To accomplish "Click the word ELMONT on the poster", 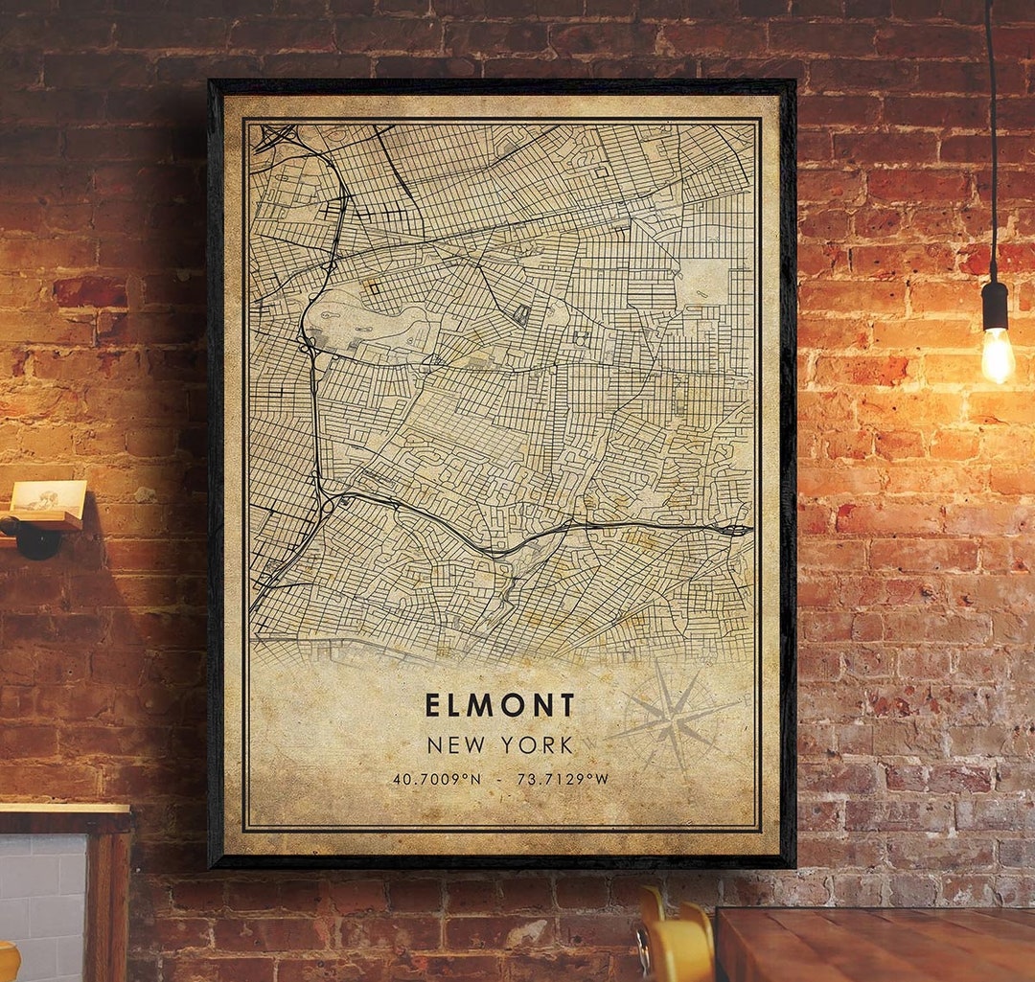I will click(499, 706).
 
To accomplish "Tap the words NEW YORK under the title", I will click(499, 744).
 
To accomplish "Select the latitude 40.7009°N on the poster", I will click(437, 779).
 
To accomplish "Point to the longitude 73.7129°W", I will click(563, 779).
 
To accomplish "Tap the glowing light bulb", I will click(997, 354).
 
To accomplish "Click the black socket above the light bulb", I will click(995, 306).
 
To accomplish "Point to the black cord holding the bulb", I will click(992, 144).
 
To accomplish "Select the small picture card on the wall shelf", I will click(47, 496).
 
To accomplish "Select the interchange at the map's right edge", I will click(736, 529).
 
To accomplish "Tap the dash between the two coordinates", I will click(499, 779).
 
